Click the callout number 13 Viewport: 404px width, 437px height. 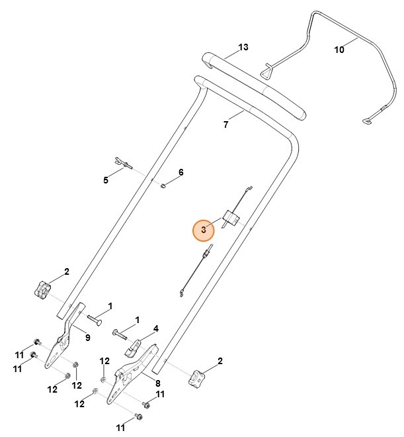pos(243,48)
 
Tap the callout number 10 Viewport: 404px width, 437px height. pos(339,48)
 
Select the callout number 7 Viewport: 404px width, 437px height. pos(225,124)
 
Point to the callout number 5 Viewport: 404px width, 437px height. pos(104,179)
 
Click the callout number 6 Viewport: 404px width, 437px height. pos(181,172)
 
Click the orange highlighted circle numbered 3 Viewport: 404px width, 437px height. pos(204,230)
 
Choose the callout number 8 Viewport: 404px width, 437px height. pos(157,383)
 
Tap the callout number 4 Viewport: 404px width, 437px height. pos(156,328)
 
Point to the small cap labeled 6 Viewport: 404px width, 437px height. pos(164,185)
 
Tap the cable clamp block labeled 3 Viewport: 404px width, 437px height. pos(231,218)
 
